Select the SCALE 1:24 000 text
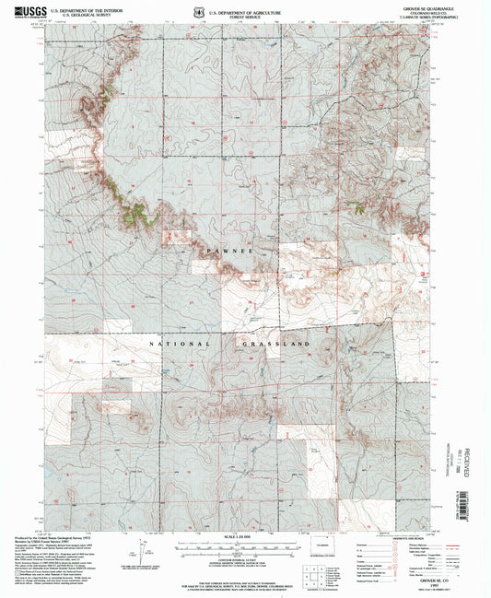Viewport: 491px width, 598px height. click(245, 537)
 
